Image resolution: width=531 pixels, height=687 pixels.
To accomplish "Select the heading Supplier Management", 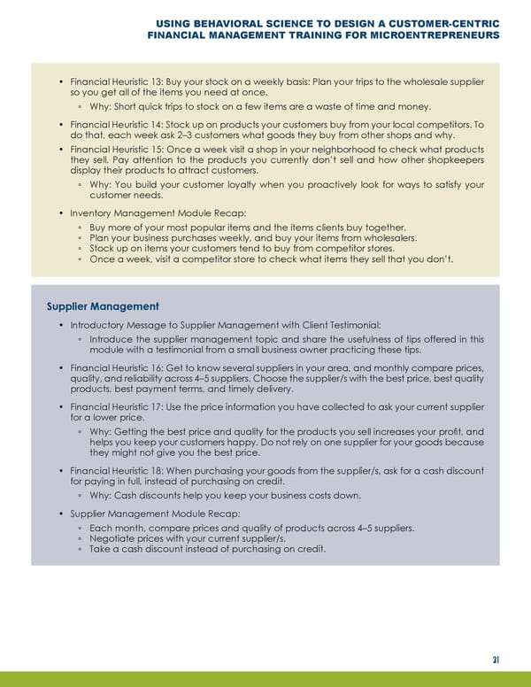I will point(103,306).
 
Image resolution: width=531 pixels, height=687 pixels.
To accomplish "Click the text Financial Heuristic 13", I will point(116,82).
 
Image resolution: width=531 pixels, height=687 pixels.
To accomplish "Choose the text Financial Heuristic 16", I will point(116,367).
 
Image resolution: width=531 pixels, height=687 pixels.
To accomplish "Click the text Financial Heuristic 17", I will point(116,407).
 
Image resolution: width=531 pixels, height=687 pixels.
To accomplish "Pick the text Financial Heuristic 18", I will point(116,467).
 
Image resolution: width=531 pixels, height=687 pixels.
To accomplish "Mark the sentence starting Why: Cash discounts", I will point(226,495).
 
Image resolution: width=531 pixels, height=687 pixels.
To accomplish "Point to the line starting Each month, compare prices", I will point(251,528).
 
